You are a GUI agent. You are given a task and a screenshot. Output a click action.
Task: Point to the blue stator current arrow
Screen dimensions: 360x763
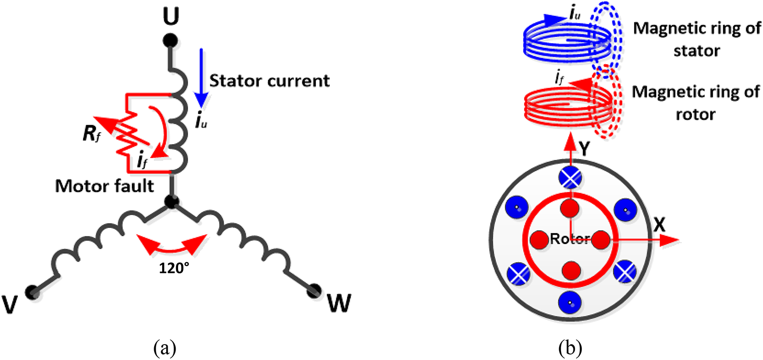tap(200, 77)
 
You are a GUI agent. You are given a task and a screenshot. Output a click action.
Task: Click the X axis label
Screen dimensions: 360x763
tap(660, 225)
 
